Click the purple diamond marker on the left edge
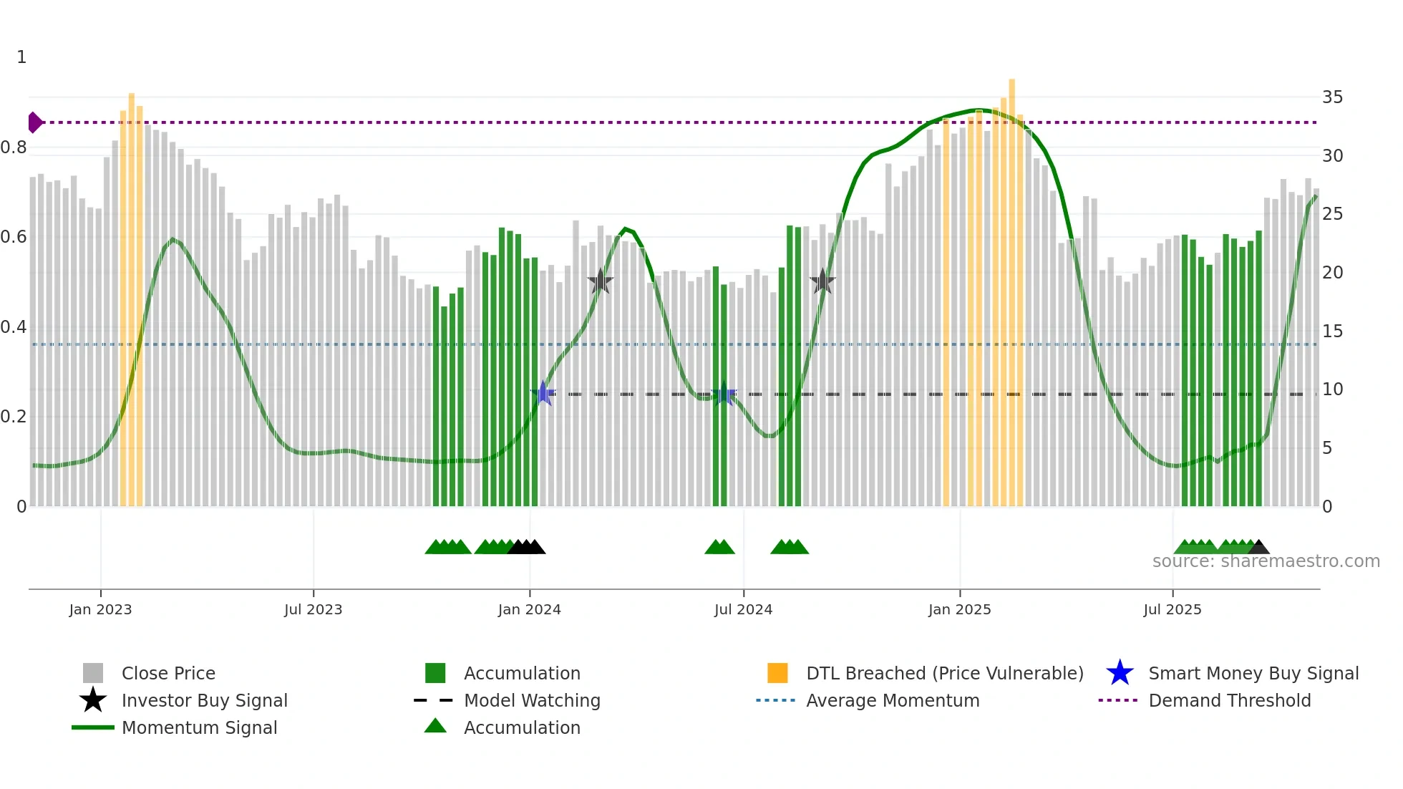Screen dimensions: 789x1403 click(34, 122)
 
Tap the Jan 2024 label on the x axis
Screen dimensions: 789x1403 click(529, 609)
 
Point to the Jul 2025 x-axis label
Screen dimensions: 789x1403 click(1172, 609)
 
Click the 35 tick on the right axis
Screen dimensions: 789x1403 click(1332, 97)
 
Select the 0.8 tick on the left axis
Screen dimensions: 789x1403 click(14, 147)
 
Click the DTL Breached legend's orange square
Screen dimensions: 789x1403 click(777, 673)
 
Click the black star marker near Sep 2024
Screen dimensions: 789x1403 click(822, 281)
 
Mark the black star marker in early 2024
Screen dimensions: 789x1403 click(600, 281)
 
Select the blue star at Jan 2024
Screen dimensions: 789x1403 click(543, 393)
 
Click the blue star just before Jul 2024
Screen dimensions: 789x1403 click(724, 394)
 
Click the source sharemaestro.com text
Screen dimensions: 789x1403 click(1266, 561)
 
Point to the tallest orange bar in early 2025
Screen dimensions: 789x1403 click(1011, 286)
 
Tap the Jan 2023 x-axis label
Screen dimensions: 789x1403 click(100, 609)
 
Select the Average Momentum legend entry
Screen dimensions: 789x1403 click(892, 700)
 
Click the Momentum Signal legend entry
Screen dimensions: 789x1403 click(199, 727)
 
